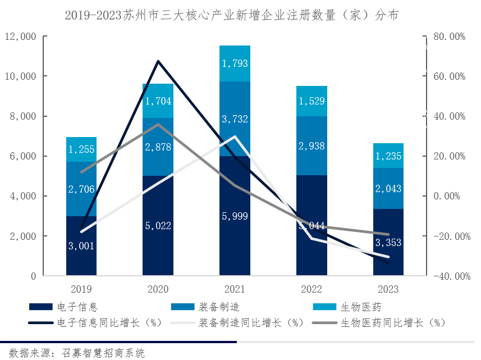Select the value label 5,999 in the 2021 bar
coord(235,216)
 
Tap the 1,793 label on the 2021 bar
coord(235,63)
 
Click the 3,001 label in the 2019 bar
coord(81,245)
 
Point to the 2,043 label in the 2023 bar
coord(388,189)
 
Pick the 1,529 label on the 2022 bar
coord(311,102)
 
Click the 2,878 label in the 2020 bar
coord(158,147)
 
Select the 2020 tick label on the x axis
coord(158,289)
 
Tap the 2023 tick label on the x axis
coord(388,289)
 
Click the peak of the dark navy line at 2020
coord(158,61)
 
